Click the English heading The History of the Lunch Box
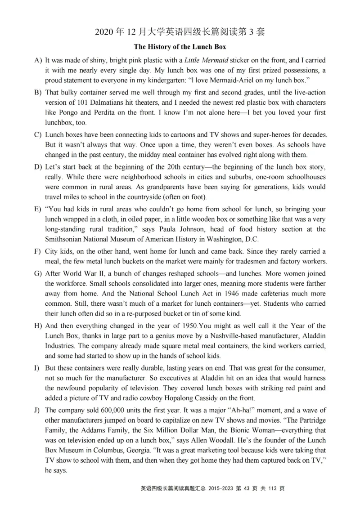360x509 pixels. (180, 47)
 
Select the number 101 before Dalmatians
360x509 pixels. (79, 102)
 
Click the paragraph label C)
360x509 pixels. (38, 135)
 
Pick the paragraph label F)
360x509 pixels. (38, 251)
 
